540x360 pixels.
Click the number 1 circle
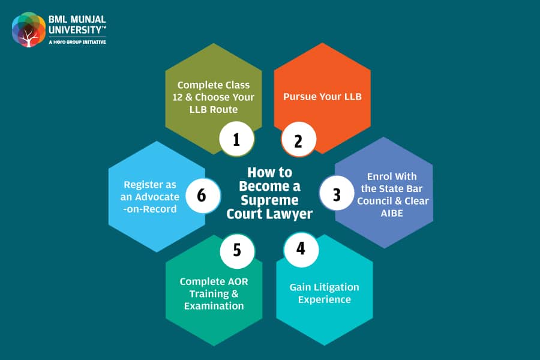tap(236, 139)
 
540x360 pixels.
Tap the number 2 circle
tap(299, 139)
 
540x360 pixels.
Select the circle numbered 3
tap(337, 193)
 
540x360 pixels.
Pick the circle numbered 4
tap(301, 250)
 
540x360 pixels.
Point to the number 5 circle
tap(237, 251)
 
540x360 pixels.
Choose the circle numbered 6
tap(203, 196)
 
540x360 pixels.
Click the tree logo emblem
tap(29, 29)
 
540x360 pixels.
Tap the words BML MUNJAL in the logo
tap(77, 19)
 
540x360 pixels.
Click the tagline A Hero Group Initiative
tap(77, 42)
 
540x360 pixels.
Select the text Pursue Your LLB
tap(322, 97)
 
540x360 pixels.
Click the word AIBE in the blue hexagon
tap(392, 213)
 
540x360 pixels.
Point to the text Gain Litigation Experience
tap(325, 293)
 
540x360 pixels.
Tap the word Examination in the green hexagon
tap(214, 306)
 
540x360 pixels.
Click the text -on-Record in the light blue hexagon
tap(150, 209)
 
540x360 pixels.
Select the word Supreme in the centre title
tap(269, 200)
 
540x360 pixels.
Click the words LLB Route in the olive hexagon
tap(214, 110)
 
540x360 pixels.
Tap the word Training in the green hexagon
tap(209, 294)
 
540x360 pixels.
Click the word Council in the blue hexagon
tap(374, 201)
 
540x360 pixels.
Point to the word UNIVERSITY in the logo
tap(76, 30)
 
